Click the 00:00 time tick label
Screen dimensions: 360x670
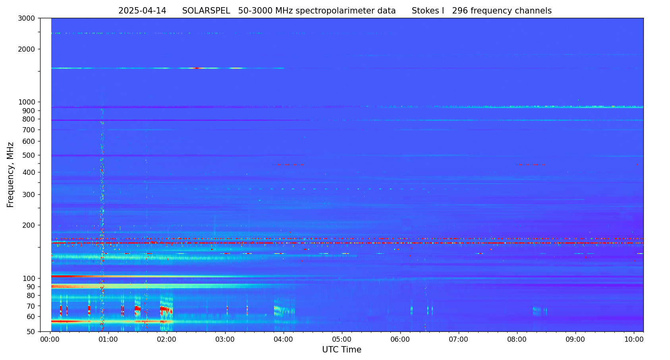pos(50,339)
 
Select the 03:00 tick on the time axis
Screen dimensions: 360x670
pos(225,339)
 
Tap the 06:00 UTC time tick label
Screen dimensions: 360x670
pos(400,339)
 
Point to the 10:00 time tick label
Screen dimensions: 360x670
pos(634,339)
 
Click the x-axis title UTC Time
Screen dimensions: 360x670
pos(342,350)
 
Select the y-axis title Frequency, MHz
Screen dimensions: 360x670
pos(11,174)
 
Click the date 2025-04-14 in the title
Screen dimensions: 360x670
pos(142,11)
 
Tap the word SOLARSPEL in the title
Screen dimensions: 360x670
pos(206,11)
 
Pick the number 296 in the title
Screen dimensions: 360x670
pos(461,11)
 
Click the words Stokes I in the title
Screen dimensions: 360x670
pos(428,11)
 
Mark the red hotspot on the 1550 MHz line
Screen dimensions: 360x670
pos(197,68)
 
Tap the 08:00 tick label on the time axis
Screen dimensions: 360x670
pos(517,339)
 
